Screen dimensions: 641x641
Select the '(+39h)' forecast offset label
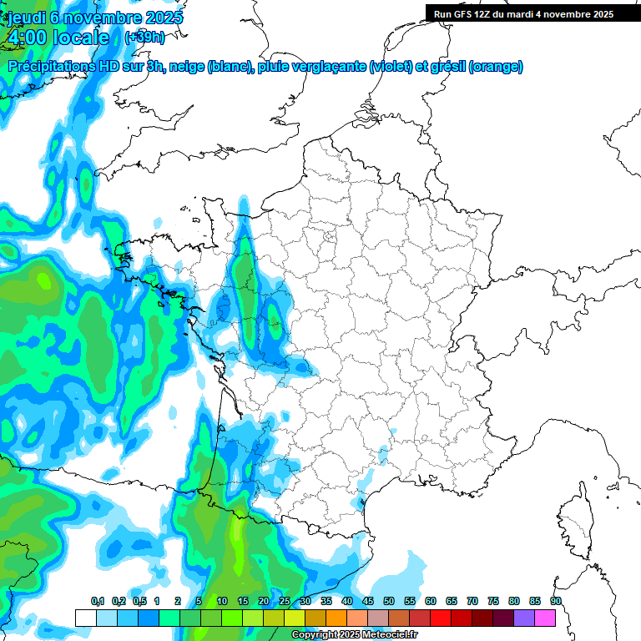pos(144,38)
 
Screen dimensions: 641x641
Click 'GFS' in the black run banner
pos(464,14)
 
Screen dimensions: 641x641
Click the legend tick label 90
pos(556,601)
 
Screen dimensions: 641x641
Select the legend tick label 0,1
pos(97,601)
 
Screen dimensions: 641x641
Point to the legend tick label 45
pos(368,601)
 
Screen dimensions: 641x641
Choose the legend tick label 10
pos(222,601)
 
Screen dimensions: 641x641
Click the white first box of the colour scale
pos(86,618)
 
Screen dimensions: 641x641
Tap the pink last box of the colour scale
pos(545,618)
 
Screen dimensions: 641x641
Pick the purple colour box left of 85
pos(524,618)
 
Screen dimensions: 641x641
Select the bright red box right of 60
pos(441,618)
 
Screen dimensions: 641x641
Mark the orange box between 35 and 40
pos(336,618)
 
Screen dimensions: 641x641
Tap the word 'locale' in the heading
pos(80,38)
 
